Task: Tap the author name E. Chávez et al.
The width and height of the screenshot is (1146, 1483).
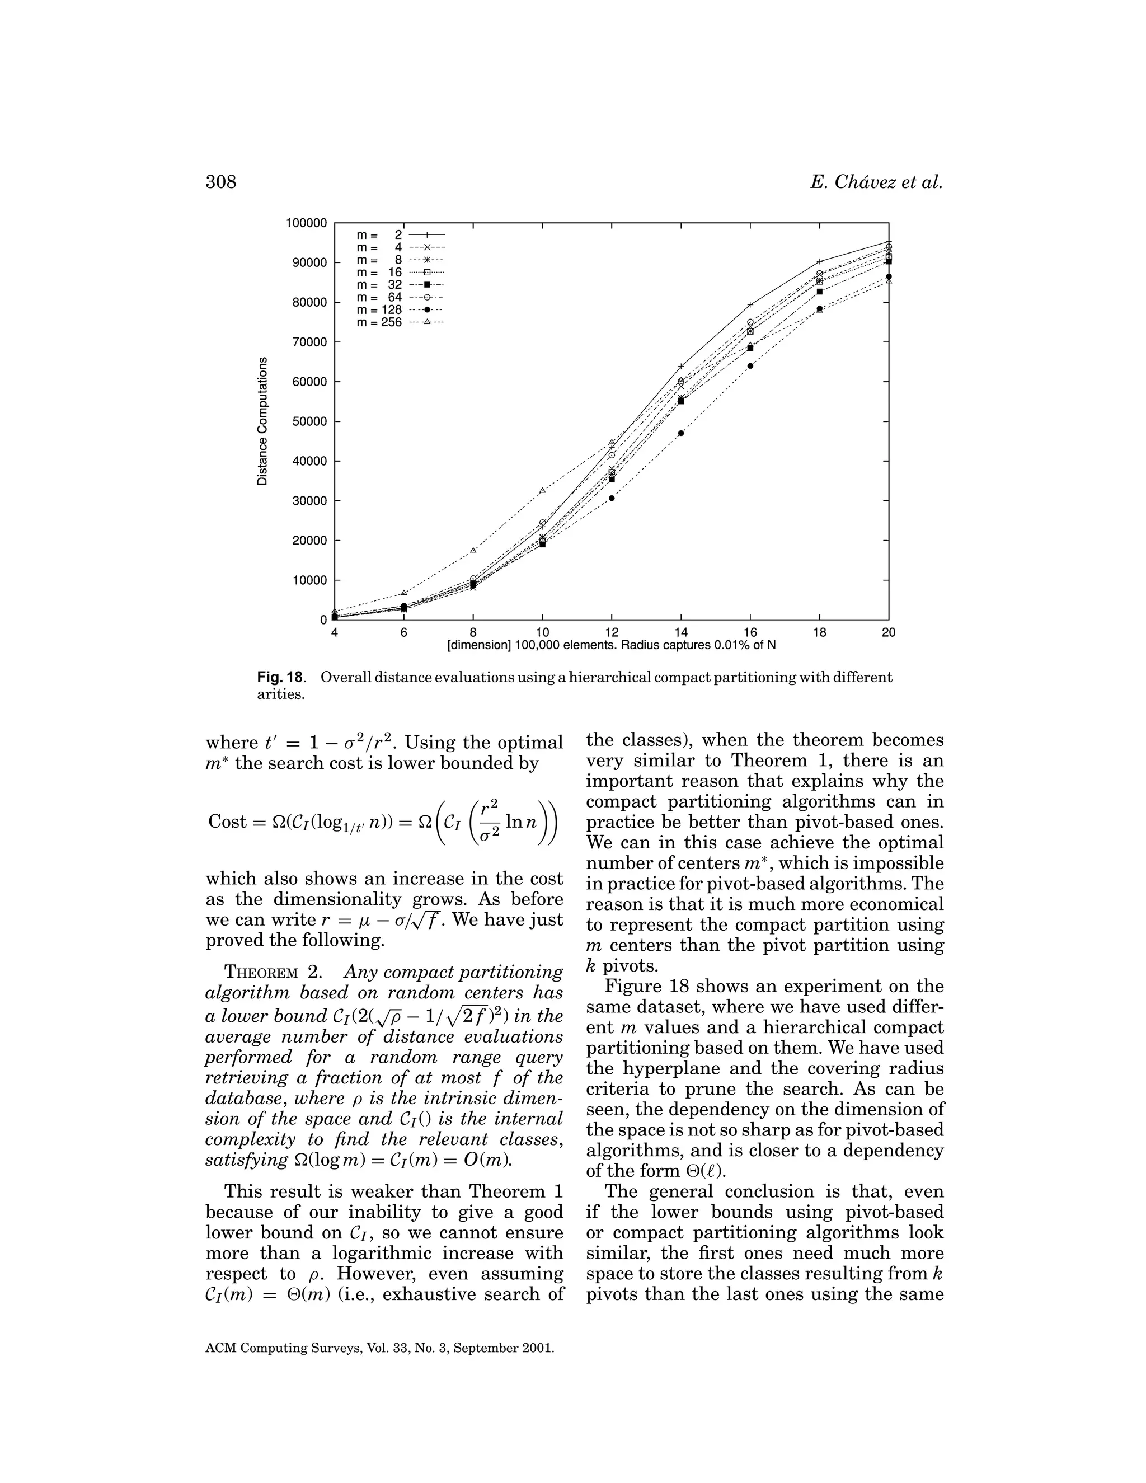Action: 876,182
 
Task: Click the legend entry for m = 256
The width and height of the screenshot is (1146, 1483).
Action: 401,322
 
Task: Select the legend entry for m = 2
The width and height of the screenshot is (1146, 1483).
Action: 401,235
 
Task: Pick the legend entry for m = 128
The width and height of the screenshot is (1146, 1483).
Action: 401,311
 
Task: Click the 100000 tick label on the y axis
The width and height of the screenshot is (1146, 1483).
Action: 306,223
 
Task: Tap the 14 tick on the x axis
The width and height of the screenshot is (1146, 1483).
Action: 681,633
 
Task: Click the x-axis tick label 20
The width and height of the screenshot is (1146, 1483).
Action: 888,633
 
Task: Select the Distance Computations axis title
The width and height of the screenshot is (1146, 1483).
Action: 262,421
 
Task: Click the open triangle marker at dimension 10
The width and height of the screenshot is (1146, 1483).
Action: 542,490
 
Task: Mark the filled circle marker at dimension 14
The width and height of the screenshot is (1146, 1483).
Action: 681,433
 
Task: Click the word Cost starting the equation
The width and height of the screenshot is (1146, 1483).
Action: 227,822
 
